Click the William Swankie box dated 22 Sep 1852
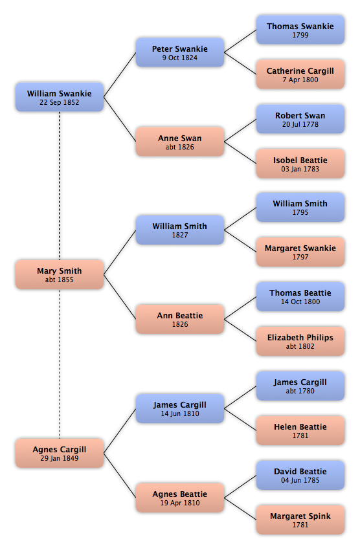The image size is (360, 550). [x=60, y=97]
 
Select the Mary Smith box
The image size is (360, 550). [x=60, y=274]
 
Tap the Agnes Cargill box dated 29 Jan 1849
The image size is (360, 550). [x=60, y=453]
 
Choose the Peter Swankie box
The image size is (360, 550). [x=180, y=52]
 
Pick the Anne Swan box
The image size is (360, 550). [x=180, y=141]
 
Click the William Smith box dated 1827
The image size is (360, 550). [x=180, y=230]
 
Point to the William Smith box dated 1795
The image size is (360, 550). [x=300, y=207]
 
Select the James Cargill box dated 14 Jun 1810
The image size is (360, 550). [x=180, y=408]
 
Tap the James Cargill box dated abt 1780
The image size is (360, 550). [x=300, y=386]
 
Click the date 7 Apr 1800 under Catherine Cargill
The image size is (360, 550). [x=300, y=80]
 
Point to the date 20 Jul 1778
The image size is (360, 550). [x=300, y=124]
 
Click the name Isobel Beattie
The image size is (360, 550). [x=300, y=160]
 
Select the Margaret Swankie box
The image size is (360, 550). [x=300, y=252]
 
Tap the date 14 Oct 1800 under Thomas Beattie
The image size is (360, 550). [x=300, y=302]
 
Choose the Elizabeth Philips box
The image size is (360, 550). [x=300, y=341]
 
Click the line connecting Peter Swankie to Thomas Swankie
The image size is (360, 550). [x=240, y=41]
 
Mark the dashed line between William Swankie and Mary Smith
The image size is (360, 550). [x=60, y=186]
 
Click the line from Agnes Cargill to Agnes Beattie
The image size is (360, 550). [x=120, y=476]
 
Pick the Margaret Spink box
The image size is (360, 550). [x=300, y=520]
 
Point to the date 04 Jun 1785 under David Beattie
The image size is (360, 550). [x=300, y=481]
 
